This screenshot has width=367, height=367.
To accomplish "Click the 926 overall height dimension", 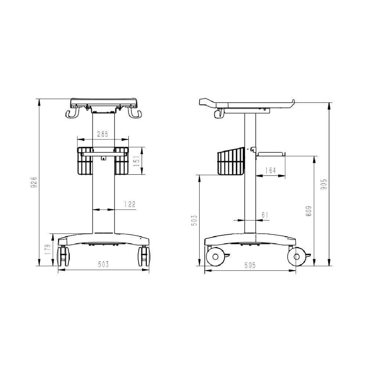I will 34,182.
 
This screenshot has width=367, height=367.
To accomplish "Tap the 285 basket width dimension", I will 102,134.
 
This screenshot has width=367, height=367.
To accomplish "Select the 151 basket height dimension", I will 136,161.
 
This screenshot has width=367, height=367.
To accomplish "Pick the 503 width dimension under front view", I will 103,264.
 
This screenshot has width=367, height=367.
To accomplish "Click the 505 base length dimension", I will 250,265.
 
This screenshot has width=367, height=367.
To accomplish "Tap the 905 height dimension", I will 324,184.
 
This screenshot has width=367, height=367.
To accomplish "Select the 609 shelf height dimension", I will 309,211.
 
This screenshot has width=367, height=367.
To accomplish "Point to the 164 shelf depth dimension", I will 271,171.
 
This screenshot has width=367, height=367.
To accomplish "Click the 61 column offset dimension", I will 265,215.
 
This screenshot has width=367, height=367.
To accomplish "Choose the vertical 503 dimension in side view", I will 195,220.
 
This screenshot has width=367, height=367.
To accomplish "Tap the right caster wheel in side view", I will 297,256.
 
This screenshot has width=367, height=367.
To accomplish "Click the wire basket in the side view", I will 231,162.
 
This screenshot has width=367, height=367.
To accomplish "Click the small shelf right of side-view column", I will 270,154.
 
